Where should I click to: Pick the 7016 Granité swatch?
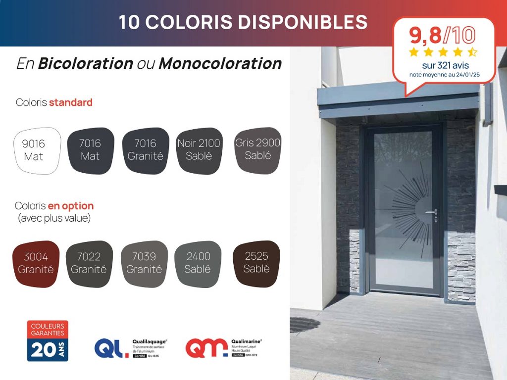[145, 150]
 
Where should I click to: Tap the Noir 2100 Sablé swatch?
[199, 150]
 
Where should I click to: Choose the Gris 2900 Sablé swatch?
[257, 149]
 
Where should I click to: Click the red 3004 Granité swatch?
[36, 264]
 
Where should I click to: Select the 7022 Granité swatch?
[89, 264]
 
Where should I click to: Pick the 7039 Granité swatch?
[144, 264]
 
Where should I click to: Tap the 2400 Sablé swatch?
[198, 264]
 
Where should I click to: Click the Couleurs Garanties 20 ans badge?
[48, 340]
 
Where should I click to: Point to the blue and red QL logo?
[111, 348]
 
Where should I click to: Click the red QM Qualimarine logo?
[206, 348]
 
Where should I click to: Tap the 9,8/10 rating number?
[442, 35]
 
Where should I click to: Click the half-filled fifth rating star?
[472, 51]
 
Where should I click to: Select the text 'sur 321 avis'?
[445, 65]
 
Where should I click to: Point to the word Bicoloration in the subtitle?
[85, 63]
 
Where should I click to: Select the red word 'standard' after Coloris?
[70, 102]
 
